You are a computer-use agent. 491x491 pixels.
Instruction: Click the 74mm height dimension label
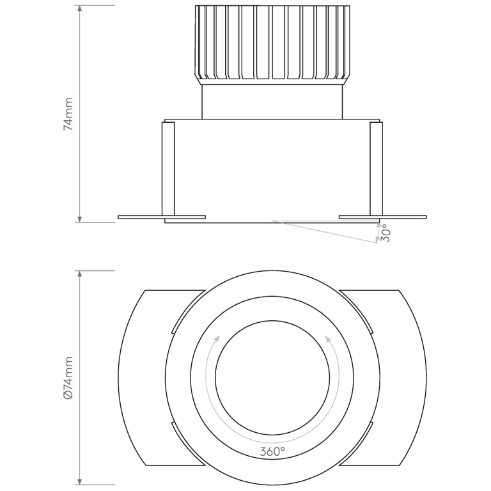pos(68,114)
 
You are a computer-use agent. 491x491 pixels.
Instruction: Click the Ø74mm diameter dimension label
pos(68,378)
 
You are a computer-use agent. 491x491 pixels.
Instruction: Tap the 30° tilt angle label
pos(385,234)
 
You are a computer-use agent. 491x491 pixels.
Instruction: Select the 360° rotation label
pos(272,451)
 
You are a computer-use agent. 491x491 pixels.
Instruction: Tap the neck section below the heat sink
pos(272,102)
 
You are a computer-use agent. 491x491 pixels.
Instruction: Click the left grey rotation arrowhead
pos(218,338)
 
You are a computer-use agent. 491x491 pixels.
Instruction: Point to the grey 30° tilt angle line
pos(326,231)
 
